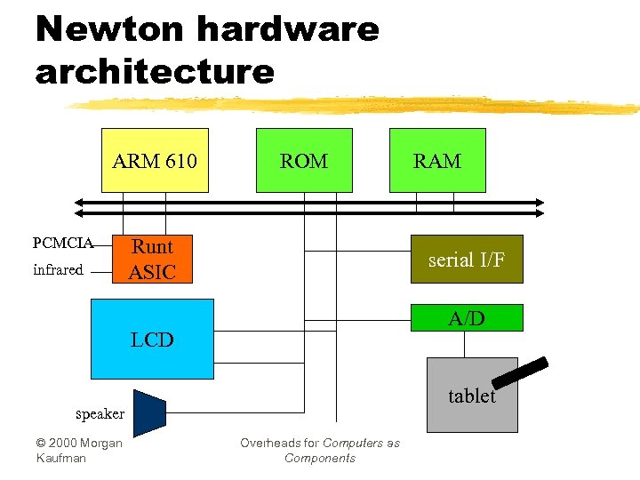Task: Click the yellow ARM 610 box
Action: coord(155,161)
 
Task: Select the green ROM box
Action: coord(304,161)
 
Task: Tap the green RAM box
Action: coord(437,161)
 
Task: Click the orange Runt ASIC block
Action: coord(151,260)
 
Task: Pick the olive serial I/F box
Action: coord(466,260)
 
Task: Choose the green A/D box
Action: coord(466,318)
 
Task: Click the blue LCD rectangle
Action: coord(152,340)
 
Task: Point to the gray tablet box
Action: coord(471,396)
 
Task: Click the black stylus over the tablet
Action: coord(520,372)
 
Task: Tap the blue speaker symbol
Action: coord(149,412)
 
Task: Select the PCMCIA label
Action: coord(62,243)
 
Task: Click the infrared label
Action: coord(58,270)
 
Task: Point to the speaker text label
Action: coord(100,414)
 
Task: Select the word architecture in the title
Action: coord(155,71)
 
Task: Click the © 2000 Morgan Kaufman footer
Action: coord(79,450)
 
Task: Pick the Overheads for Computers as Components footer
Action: coord(320,450)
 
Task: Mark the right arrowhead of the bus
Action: coord(538,208)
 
